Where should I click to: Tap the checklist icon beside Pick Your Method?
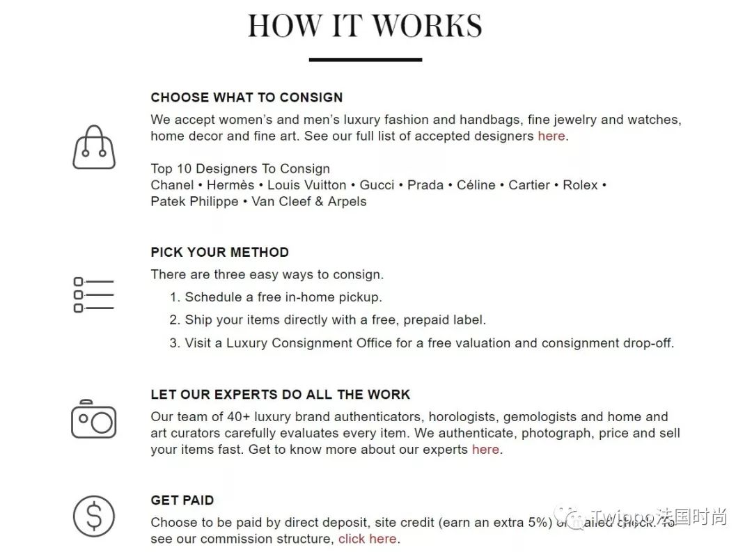tap(93, 294)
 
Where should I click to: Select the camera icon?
tap(93, 419)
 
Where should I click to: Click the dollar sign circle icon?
tap(93, 516)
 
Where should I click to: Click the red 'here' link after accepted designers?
tap(551, 136)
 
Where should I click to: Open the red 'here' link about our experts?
tap(485, 450)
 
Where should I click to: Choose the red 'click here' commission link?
tap(368, 539)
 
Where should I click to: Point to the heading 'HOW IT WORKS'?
tap(365, 26)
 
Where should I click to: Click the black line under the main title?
tap(365, 60)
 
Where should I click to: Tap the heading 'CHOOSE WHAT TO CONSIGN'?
tap(246, 97)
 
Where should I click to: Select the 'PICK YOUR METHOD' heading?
tap(219, 253)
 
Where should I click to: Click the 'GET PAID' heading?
tap(182, 500)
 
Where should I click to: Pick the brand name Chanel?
tap(172, 185)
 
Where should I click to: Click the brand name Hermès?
tap(230, 185)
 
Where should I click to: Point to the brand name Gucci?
tap(377, 185)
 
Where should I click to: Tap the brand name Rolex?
tap(580, 185)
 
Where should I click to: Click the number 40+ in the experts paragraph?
tap(242, 418)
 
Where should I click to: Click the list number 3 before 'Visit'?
tap(174, 343)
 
